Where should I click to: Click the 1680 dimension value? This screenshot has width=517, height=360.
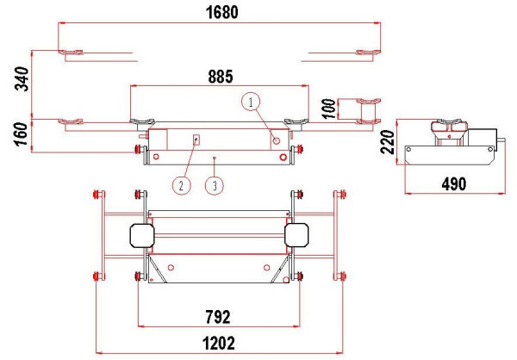[x=221, y=13]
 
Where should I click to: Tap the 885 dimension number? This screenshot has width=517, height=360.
[x=221, y=77]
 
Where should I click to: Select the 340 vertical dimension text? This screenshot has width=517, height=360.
[x=22, y=78]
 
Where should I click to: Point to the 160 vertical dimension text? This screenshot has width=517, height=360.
[x=22, y=133]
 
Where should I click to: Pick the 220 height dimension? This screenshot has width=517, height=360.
[x=387, y=142]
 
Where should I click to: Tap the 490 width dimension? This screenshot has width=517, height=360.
[x=454, y=184]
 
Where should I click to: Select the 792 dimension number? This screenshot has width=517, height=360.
[x=218, y=317]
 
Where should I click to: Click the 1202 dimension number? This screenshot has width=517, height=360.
[x=219, y=343]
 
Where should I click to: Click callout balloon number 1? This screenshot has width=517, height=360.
[x=251, y=102]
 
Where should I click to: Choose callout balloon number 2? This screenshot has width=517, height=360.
[x=182, y=186]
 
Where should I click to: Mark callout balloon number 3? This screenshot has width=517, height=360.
[x=215, y=186]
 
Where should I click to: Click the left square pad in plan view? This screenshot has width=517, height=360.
[x=142, y=235]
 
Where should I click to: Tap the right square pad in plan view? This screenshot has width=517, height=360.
[x=296, y=235]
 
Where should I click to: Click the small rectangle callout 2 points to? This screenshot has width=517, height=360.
[x=196, y=140]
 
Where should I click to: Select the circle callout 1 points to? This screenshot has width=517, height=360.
[x=277, y=140]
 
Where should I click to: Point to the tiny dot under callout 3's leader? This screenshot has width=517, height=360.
[x=214, y=158]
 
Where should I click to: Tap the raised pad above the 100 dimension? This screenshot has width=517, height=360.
[x=369, y=101]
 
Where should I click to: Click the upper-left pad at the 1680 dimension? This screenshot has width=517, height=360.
[x=71, y=52]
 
